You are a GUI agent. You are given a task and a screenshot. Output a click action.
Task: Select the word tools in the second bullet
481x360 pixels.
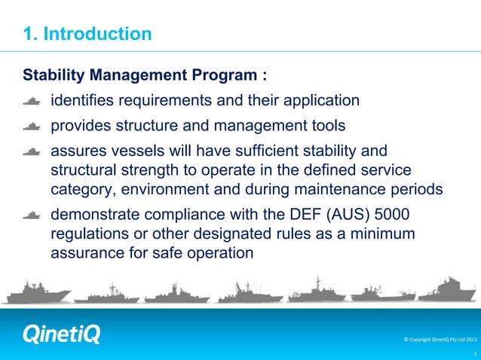coord(346,126)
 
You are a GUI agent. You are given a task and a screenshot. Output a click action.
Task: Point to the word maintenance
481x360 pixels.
coord(347,188)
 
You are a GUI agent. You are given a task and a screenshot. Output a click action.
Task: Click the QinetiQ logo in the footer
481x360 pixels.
coord(61,334)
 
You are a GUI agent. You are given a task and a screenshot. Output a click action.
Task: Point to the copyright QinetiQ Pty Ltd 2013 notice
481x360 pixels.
coord(436,340)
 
